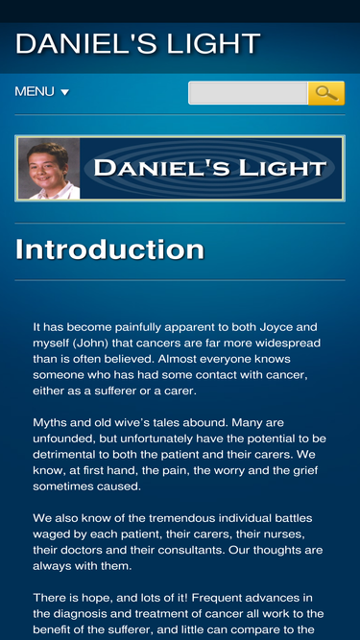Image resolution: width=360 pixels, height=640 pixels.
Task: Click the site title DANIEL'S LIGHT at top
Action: click(137, 44)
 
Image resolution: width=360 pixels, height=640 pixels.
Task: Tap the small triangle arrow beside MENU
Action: click(65, 93)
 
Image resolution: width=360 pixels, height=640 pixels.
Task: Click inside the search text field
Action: click(247, 93)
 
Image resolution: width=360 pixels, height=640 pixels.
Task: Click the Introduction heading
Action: click(109, 249)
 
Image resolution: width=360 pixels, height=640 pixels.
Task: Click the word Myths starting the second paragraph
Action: click(53, 422)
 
